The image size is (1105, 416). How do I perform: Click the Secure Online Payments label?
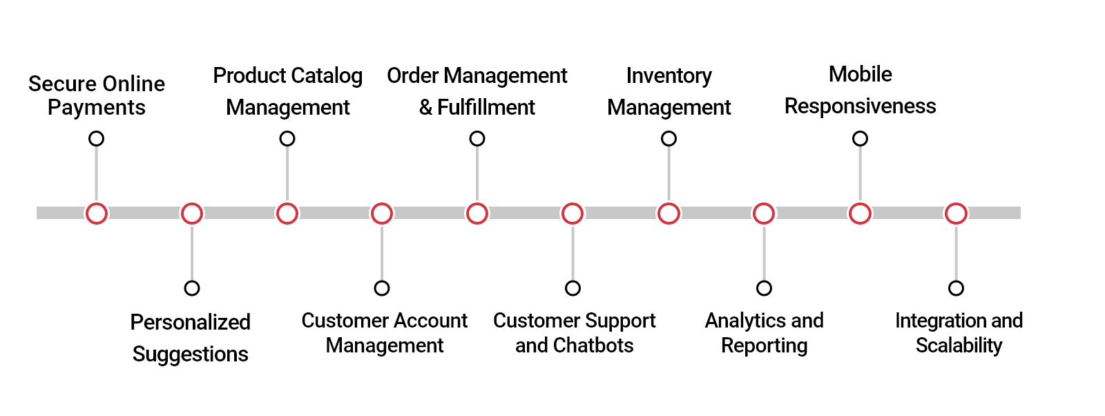(97, 95)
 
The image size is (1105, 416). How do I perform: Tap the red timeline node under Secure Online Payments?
(97, 214)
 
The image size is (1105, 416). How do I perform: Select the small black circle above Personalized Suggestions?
(192, 288)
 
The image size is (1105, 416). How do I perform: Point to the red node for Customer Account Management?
(382, 214)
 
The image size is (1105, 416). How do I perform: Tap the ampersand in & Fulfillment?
(425, 107)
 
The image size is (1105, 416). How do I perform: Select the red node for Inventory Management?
(669, 214)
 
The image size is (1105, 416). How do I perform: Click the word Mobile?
(860, 74)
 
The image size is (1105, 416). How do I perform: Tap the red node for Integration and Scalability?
(956, 214)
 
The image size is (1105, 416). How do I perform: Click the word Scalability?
(959, 345)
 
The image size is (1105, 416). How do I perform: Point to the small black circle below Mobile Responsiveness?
(860, 139)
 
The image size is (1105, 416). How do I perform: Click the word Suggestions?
(190, 354)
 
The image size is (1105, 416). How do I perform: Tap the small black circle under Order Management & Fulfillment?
(477, 139)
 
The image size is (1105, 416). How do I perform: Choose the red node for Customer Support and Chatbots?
(573, 214)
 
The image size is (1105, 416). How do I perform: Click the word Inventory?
(669, 75)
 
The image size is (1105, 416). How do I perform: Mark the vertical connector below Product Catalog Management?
(287, 173)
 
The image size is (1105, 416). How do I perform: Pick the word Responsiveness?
(860, 106)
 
